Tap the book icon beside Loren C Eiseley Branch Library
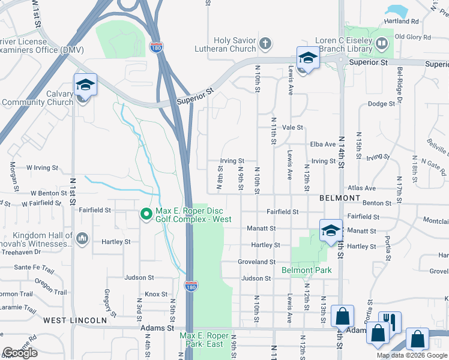click(382, 43)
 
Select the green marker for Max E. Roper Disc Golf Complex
click(145, 214)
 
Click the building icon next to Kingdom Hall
click(82, 240)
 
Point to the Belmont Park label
click(306, 270)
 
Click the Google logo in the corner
click(20, 353)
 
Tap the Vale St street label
click(293, 128)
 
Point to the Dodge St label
click(381, 104)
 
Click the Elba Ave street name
click(322, 145)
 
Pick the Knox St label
click(155, 295)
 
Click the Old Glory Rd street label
click(413, 37)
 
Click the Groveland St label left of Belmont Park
click(256, 262)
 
